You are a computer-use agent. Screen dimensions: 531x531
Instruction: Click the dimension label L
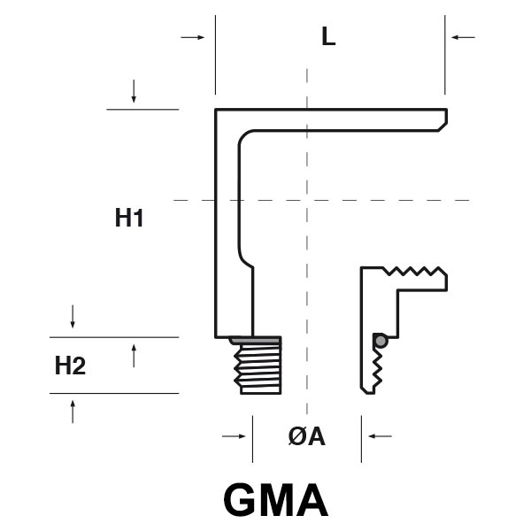click(x=328, y=37)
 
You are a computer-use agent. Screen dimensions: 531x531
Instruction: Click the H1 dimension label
click(x=129, y=218)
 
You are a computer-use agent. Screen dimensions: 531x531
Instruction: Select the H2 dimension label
click(x=70, y=365)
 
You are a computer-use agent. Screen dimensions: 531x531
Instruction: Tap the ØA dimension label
click(x=307, y=435)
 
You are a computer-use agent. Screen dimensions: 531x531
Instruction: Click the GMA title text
click(x=275, y=499)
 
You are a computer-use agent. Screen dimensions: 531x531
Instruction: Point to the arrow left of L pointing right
click(x=192, y=37)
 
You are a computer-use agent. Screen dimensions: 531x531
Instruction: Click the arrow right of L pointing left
click(x=462, y=37)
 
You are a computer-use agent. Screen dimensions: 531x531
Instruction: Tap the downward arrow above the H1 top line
click(x=134, y=90)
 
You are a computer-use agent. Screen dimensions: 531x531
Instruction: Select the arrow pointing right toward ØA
click(x=234, y=435)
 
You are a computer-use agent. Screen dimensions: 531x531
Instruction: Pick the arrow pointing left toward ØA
click(x=380, y=435)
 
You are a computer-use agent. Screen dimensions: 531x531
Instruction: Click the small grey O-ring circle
click(x=380, y=341)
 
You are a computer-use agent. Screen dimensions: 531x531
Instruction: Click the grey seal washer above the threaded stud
click(x=255, y=340)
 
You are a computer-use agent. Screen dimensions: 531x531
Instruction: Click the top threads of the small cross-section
click(x=415, y=272)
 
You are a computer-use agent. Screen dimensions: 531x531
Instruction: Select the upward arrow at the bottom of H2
click(x=73, y=411)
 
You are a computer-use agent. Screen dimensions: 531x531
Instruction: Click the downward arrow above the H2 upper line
click(x=73, y=316)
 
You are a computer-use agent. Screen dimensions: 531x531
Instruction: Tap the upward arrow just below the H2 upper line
click(x=134, y=356)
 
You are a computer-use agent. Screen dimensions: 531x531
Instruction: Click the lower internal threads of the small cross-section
click(x=379, y=367)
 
